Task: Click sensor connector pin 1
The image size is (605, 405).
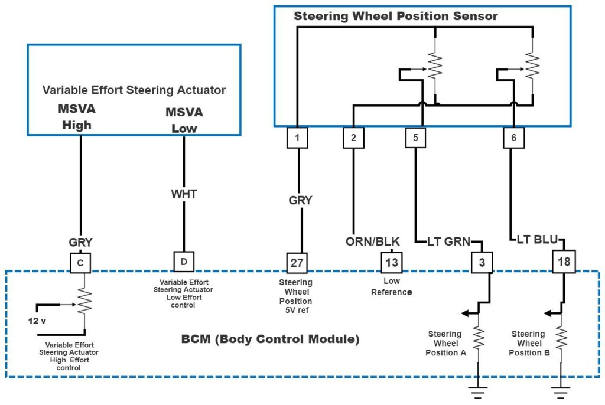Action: (x=298, y=138)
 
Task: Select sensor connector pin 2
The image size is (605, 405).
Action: (x=353, y=138)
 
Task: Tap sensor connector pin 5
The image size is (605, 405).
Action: (x=415, y=138)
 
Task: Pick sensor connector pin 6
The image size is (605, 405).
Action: (x=512, y=138)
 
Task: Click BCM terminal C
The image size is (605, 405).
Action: (x=80, y=262)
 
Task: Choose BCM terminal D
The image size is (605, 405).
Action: (x=184, y=261)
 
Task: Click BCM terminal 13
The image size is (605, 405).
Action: (x=391, y=262)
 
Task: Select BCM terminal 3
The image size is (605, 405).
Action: (x=482, y=262)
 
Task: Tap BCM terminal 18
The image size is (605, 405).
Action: (x=564, y=261)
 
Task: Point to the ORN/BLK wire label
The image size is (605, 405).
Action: (x=372, y=241)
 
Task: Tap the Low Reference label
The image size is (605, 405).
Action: (x=391, y=287)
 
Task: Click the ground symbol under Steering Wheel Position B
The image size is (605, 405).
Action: (x=560, y=390)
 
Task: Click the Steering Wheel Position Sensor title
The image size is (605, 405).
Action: (x=395, y=16)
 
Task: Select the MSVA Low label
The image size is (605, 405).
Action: (x=184, y=120)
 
